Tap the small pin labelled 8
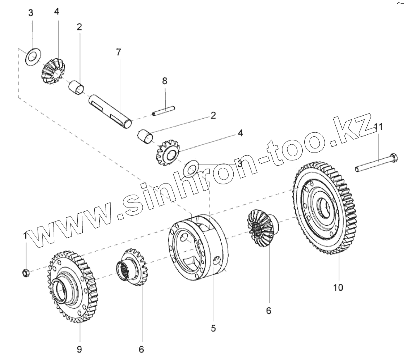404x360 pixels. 163,111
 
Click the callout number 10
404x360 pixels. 338,287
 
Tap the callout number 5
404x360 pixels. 213,328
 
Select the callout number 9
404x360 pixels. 79,349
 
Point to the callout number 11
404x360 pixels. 378,126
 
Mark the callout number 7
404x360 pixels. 119,52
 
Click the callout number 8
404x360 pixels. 165,81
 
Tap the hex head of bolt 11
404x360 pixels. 394,158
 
